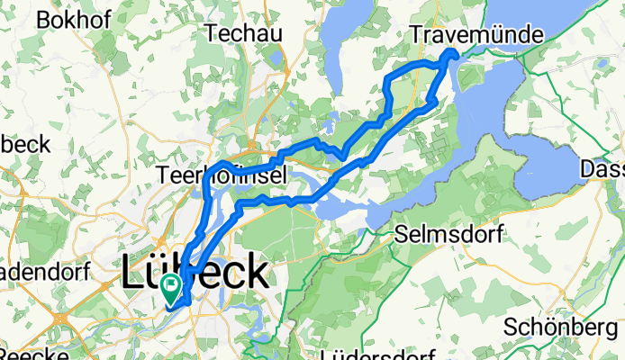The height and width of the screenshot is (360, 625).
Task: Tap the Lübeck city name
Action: point(195,272)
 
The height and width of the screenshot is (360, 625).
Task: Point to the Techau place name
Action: point(244,33)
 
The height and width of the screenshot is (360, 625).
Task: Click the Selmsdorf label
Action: point(448,236)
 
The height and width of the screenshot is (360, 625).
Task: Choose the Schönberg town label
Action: point(564,325)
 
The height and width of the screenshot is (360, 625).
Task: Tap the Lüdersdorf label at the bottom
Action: point(376,353)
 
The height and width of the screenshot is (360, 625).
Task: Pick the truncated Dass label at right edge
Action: point(602,169)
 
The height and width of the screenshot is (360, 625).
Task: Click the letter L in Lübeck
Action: point(131,273)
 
